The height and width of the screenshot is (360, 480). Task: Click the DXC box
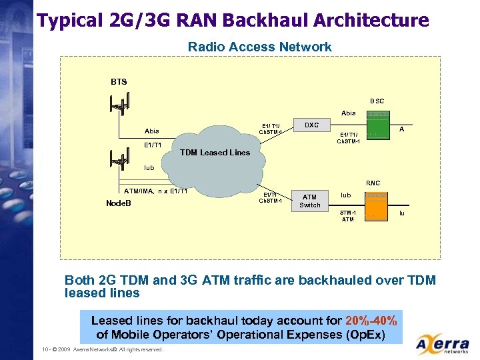(x=311, y=125)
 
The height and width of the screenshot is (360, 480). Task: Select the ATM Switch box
(x=309, y=201)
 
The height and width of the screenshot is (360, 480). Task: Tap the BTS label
(x=119, y=82)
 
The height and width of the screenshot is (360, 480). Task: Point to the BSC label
(x=377, y=101)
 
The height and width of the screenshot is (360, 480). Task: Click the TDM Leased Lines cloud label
(x=215, y=152)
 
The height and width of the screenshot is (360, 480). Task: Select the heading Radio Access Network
(x=259, y=47)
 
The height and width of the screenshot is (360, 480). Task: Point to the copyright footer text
(x=102, y=349)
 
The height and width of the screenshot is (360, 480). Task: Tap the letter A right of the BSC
(x=401, y=130)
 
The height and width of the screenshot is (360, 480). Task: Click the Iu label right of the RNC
(x=401, y=213)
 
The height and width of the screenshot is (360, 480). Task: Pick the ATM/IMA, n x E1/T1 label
(x=151, y=191)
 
